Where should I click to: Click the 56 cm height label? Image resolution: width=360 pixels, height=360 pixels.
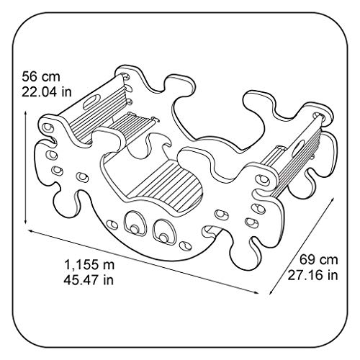pyautogui.click(x=41, y=77)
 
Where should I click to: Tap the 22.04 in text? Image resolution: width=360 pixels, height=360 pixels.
pyautogui.click(x=47, y=91)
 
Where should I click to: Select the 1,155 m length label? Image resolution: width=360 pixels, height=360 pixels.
pyautogui.click(x=89, y=265)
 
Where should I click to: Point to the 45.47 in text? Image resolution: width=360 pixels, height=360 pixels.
pyautogui.click(x=89, y=280)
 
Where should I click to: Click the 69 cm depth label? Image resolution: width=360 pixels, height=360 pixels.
pyautogui.click(x=319, y=260)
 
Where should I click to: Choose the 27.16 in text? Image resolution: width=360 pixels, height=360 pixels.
pyautogui.click(x=312, y=275)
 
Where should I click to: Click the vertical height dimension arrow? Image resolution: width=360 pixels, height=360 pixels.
pyautogui.click(x=25, y=168)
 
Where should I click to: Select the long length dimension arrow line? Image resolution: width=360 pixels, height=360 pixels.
pyautogui.click(x=143, y=261)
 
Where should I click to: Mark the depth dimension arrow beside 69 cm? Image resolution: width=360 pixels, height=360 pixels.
pyautogui.click(x=302, y=246)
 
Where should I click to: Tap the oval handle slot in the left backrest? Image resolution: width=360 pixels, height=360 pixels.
pyautogui.click(x=91, y=101)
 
